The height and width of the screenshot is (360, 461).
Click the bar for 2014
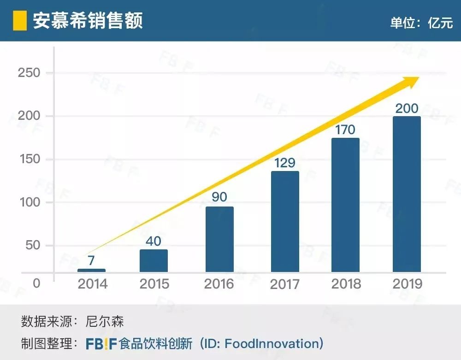91,270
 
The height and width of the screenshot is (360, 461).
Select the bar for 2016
219,239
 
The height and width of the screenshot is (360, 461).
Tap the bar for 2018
345,205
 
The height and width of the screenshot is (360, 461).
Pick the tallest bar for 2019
407,194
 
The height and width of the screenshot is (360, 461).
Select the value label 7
91,261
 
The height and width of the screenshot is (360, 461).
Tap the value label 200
407,108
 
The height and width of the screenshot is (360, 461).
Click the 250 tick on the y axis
29,73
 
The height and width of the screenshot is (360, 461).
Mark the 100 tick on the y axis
29,202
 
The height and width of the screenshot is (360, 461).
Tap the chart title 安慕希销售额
88,21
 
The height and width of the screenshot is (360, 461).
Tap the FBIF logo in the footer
101,344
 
